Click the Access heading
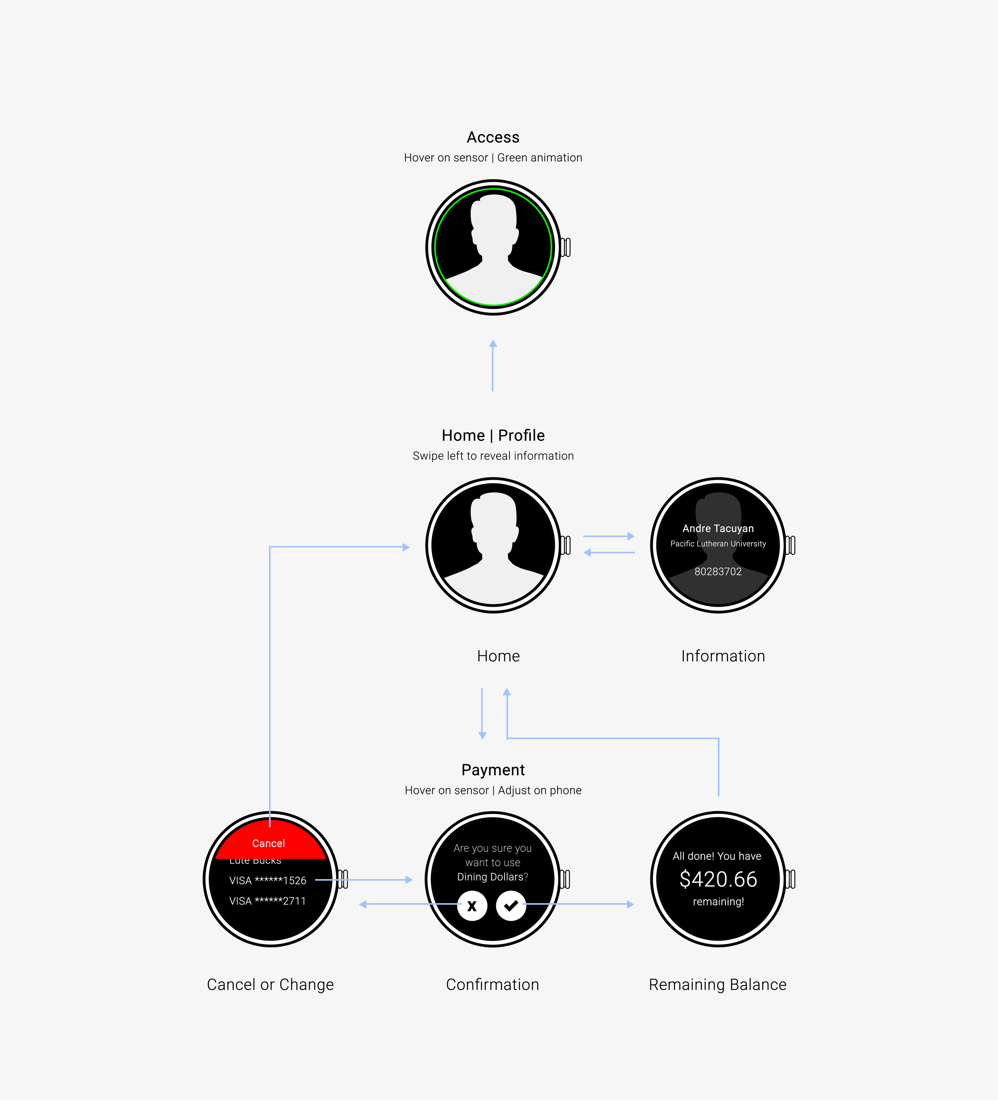(x=493, y=137)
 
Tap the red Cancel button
(x=268, y=843)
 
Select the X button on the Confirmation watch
(x=472, y=906)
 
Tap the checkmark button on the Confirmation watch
(x=511, y=906)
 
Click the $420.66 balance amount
(x=718, y=879)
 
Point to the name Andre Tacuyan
(x=718, y=528)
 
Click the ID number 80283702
(x=718, y=571)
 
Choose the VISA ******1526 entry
(x=268, y=880)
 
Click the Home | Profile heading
(x=493, y=435)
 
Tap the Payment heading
(x=493, y=770)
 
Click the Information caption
(x=723, y=656)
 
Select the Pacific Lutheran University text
(x=718, y=544)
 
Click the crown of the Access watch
(x=566, y=247)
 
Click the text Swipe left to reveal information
(x=493, y=456)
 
